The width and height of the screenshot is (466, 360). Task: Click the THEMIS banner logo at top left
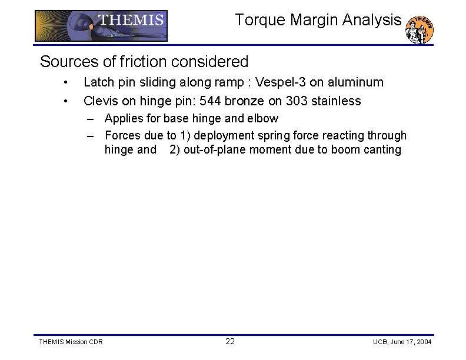pyautogui.click(x=101, y=26)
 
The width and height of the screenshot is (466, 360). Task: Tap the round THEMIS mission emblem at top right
pyautogui.click(x=420, y=29)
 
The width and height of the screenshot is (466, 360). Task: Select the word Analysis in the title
pyautogui.click(x=372, y=20)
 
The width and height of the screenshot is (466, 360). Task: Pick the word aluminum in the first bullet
pyautogui.click(x=357, y=82)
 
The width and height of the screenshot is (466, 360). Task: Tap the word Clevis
pyautogui.click(x=101, y=101)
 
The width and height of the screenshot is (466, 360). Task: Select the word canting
pyautogui.click(x=381, y=149)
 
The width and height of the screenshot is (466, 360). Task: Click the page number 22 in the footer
pyautogui.click(x=230, y=342)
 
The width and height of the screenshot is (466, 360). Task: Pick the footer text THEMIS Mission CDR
pyautogui.click(x=71, y=342)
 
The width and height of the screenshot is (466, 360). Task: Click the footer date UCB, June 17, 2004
pyautogui.click(x=402, y=342)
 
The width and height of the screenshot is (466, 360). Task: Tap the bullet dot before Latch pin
pyautogui.click(x=69, y=82)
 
